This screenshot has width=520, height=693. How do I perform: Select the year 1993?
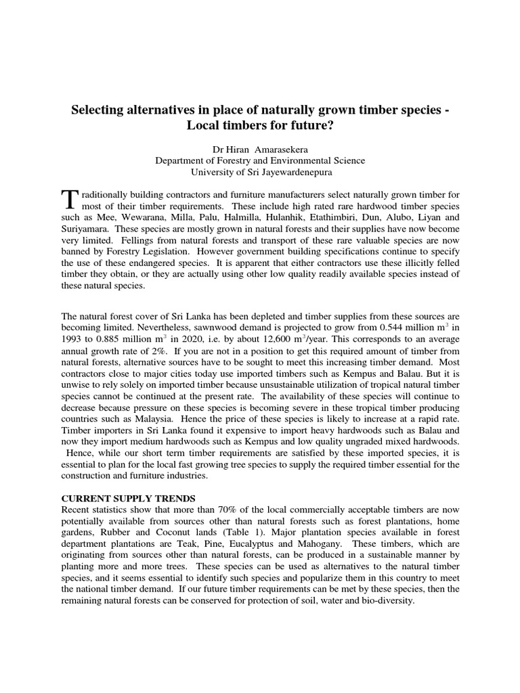click(72, 341)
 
